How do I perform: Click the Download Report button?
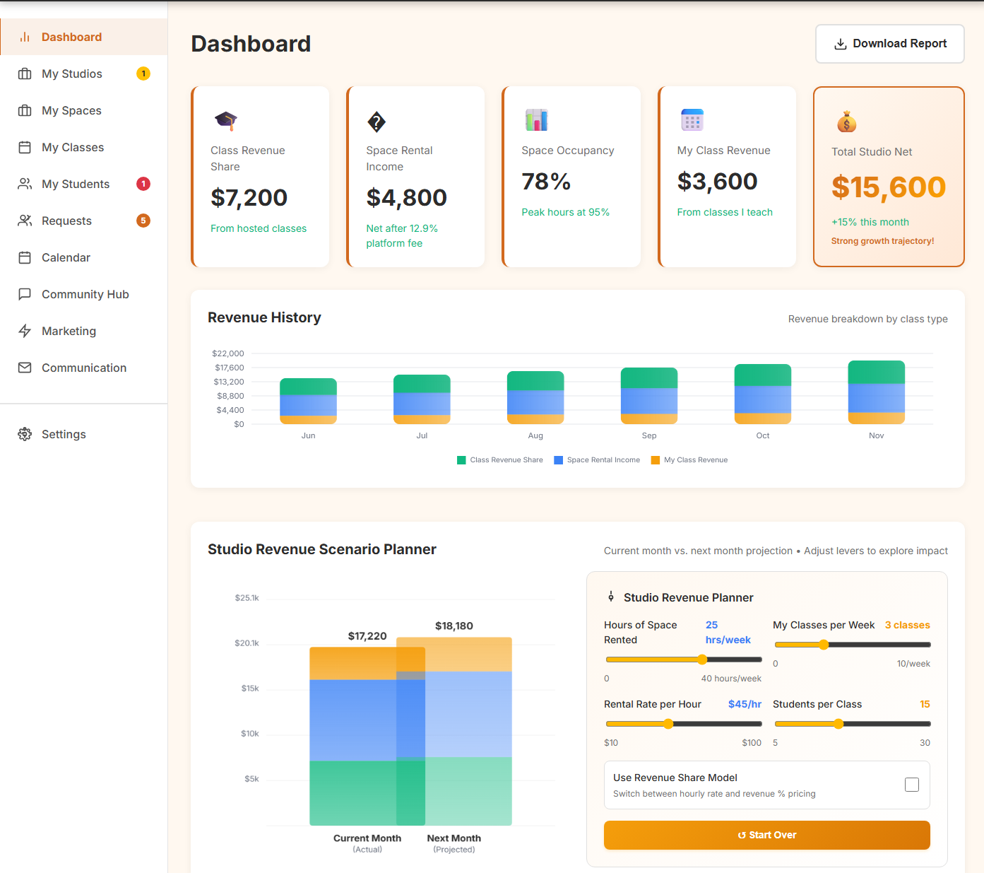pyautogui.click(x=889, y=44)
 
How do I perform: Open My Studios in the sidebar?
pyautogui.click(x=71, y=74)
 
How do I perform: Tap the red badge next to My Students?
pyautogui.click(x=143, y=184)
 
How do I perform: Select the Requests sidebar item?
pyautogui.click(x=66, y=221)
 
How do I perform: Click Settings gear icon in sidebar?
pyautogui.click(x=25, y=434)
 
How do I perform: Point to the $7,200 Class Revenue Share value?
pyautogui.click(x=249, y=198)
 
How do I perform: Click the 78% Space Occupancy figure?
pyautogui.click(x=546, y=182)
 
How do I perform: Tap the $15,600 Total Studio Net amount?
pyautogui.click(x=888, y=187)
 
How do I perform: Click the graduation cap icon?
pyautogui.click(x=226, y=121)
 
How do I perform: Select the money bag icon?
pyautogui.click(x=846, y=122)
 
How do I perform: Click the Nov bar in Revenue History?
pyautogui.click(x=876, y=392)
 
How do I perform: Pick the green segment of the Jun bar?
pyautogui.click(x=308, y=387)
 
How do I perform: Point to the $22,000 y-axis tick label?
pyautogui.click(x=228, y=353)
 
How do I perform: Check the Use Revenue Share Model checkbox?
pyautogui.click(x=911, y=785)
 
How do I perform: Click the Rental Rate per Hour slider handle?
pyautogui.click(x=668, y=724)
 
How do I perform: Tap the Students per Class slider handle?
pyautogui.click(x=838, y=724)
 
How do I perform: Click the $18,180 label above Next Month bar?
pyautogui.click(x=454, y=626)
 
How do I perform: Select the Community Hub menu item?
pyautogui.click(x=85, y=295)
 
